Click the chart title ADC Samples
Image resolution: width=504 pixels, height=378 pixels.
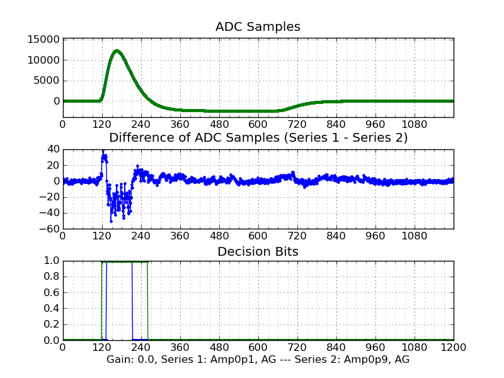[258, 26]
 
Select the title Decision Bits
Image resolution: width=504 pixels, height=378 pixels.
[258, 251]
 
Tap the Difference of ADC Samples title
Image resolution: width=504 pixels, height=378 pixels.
[258, 137]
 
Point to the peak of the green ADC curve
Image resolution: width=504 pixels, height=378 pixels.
[117, 50]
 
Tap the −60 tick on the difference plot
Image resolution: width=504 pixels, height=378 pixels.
[49, 229]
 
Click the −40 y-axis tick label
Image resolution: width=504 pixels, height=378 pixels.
[49, 213]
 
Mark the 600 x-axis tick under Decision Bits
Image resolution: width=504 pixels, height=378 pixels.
[258, 347]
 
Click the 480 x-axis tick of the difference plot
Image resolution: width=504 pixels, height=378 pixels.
[219, 236]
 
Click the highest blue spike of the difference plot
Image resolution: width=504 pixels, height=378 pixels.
[103, 151]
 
